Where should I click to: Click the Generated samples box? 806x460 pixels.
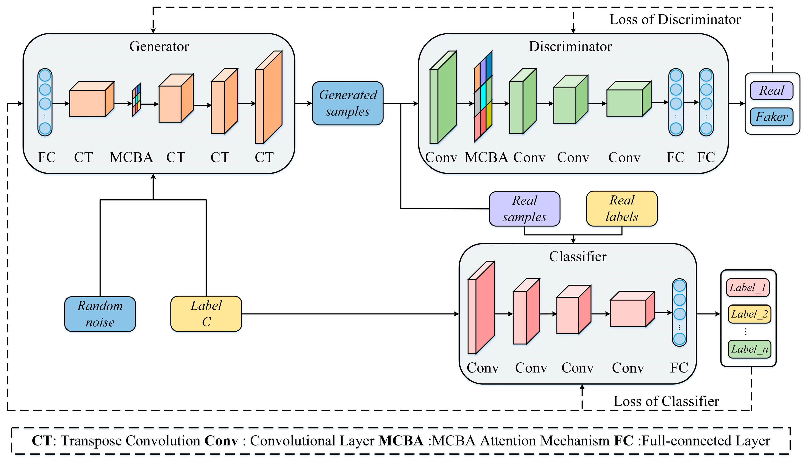point(347,103)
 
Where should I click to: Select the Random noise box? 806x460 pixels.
point(100,314)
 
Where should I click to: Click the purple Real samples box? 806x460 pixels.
point(524,209)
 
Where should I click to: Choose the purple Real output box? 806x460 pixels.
point(771,91)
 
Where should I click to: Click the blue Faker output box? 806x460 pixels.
point(771,117)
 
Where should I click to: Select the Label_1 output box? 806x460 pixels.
point(748,288)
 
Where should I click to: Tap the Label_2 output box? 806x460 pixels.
point(749,314)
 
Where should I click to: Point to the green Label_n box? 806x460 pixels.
point(749,349)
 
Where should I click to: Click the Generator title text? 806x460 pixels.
point(159,47)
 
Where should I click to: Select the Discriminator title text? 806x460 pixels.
point(570,47)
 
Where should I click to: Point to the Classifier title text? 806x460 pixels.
point(577,257)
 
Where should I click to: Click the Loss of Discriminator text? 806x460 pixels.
point(675,20)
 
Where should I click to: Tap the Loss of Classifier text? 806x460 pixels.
point(666,401)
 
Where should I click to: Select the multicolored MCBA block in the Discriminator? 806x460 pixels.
point(483,97)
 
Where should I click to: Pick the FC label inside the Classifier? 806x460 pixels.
point(679,368)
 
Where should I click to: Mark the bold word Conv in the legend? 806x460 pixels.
point(221,441)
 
